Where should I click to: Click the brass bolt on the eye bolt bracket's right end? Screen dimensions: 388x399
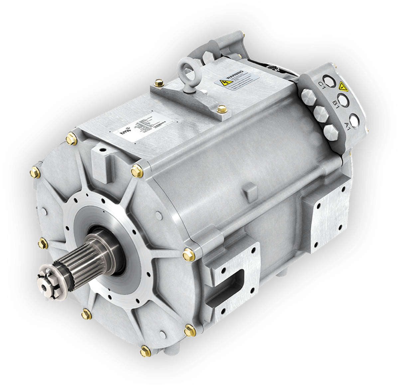coord(219,108)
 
